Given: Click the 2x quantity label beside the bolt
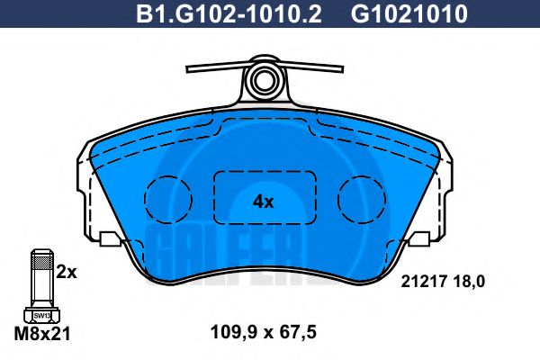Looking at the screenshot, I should (x=66, y=271).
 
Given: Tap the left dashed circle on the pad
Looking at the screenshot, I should (x=169, y=195).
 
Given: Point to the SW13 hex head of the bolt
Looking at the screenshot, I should (x=40, y=315).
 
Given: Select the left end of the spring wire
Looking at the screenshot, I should (x=188, y=67).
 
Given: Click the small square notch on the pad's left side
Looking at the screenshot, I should (x=110, y=238).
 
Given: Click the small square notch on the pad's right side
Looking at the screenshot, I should (x=419, y=238).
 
